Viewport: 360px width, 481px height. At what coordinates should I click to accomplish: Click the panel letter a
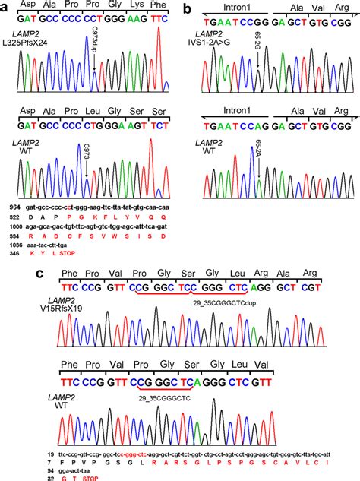[7, 9]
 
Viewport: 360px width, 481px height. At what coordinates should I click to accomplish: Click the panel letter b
[187, 9]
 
